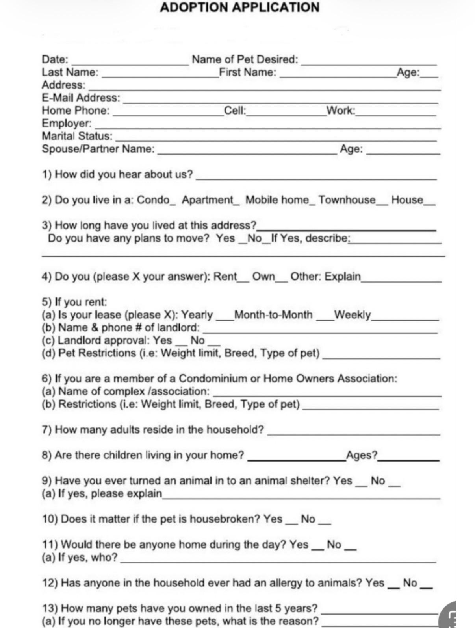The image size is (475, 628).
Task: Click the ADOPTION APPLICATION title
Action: [x=239, y=7]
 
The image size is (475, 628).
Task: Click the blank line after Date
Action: [x=130, y=61]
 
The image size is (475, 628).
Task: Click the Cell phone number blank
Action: [x=286, y=113]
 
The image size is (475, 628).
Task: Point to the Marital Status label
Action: [x=77, y=136]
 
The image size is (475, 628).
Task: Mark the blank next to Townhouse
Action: [x=382, y=202]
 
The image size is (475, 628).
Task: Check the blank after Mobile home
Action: [x=312, y=202]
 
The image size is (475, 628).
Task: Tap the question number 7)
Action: [x=46, y=430]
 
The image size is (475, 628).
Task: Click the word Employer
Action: [x=66, y=124]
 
